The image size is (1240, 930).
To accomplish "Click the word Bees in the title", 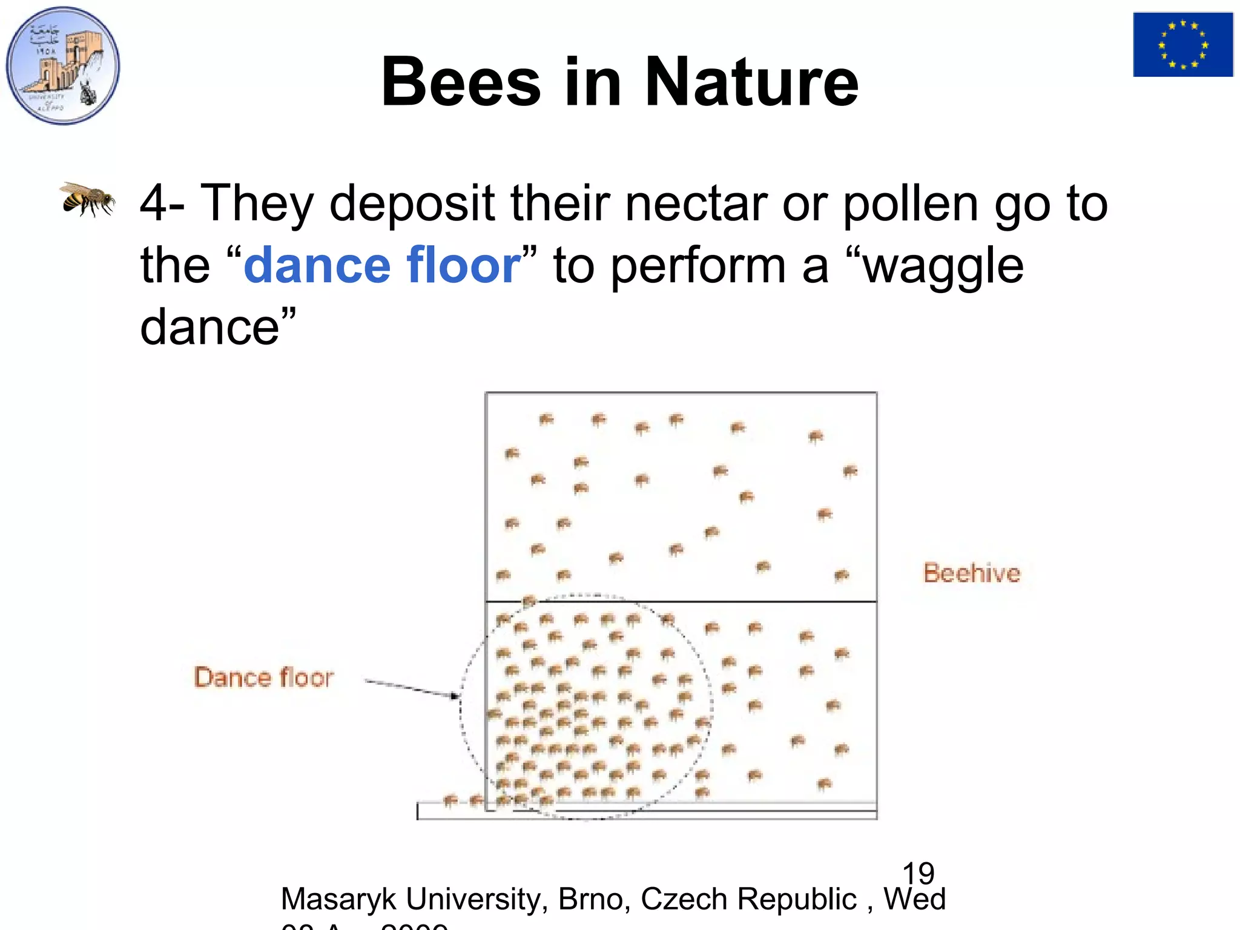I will point(460,82).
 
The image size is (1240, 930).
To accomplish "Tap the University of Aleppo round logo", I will point(63,65).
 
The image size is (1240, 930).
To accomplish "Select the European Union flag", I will point(1182,45).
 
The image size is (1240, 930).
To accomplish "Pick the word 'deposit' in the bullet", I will point(412,205).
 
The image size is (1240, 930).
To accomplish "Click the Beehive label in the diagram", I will point(971,573).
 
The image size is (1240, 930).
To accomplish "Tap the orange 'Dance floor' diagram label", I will point(263,678).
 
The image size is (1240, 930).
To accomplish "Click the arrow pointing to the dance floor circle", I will point(412,688).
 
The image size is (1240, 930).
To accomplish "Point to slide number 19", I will point(918,873).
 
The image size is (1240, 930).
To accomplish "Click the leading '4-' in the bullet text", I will point(162,203).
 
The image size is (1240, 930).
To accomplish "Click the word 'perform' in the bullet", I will point(697,266).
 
